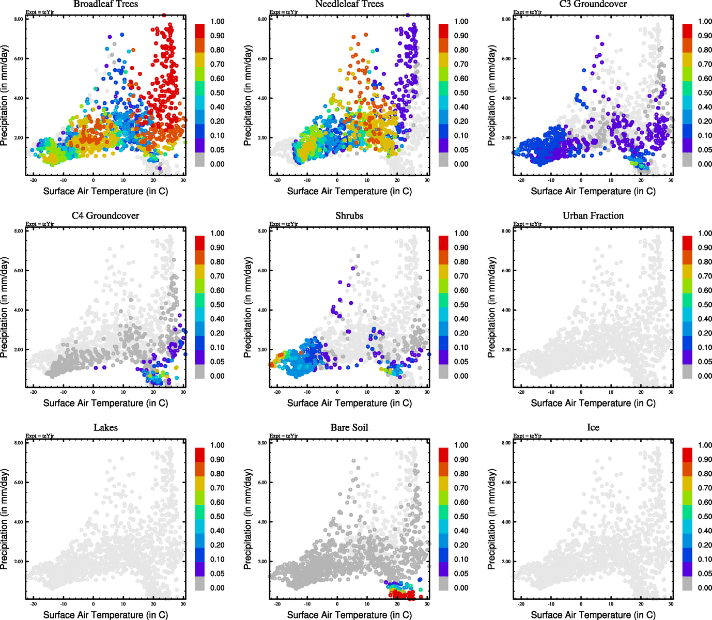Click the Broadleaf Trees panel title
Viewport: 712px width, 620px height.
[105, 4]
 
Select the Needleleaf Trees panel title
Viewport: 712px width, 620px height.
[349, 4]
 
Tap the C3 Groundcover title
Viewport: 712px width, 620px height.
[593, 4]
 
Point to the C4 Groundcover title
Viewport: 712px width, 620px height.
[105, 216]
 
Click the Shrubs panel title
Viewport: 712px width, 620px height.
[349, 216]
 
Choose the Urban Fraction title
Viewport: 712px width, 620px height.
[593, 216]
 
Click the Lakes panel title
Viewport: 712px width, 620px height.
[105, 428]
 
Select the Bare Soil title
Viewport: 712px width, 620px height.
[349, 428]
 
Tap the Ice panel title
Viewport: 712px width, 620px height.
[593, 428]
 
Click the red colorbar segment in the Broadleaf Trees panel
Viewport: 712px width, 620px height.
[199, 30]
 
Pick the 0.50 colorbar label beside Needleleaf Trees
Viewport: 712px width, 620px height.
[461, 93]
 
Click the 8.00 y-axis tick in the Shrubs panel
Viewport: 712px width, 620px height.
[263, 231]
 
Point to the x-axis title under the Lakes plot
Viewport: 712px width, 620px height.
[105, 615]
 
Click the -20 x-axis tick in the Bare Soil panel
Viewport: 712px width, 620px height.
[277, 603]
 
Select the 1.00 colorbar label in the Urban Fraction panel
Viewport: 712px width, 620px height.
[705, 234]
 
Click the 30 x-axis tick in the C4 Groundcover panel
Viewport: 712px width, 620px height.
[183, 392]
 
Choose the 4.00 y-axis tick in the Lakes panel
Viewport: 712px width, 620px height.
[19, 522]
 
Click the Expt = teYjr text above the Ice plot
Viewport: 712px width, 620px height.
[527, 436]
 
